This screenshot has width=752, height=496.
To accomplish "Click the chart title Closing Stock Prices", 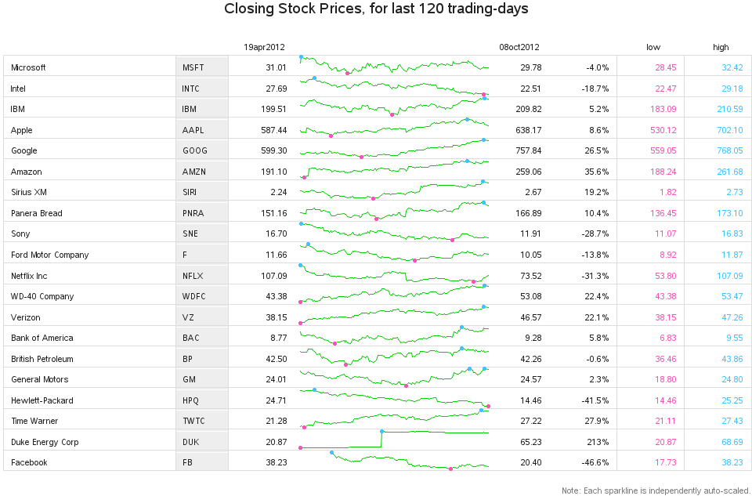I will pos(376,9).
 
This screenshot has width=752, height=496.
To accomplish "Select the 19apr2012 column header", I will pos(263,47).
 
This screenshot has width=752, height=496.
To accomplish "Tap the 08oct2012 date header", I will pos(519,47).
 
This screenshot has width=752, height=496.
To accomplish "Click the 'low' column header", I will pos(653,47).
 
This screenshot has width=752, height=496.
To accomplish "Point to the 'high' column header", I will pos(721,47).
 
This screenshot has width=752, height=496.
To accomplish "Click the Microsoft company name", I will pos(28,67).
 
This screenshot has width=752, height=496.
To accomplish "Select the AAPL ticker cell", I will pos(195,130).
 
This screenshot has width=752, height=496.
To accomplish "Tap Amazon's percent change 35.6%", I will pos(597,172).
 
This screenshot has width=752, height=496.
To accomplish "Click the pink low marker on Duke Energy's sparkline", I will pos(300,447).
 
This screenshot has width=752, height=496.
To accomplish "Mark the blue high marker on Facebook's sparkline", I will pos(332,452).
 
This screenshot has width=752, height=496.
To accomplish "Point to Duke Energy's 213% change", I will pos(599,442).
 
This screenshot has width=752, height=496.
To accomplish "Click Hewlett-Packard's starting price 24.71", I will pos(276,400).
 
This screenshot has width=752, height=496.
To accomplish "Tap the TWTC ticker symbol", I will pos(193,421).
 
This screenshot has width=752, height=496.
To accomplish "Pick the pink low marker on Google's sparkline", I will pos(361,157).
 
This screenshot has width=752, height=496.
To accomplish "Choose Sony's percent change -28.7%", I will pos(595,234).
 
